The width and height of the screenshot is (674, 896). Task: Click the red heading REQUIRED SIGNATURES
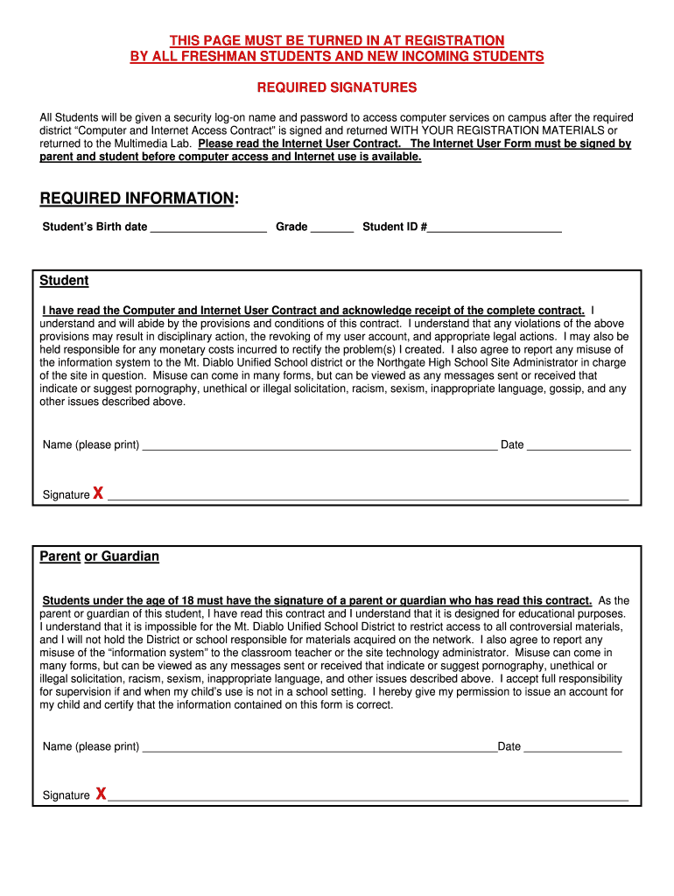pyautogui.click(x=336, y=87)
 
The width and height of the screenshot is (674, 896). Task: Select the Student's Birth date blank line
pyautogui.click(x=208, y=228)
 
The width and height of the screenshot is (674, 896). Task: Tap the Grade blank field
pyautogui.click(x=332, y=228)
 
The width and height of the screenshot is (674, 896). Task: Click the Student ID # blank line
pyautogui.click(x=495, y=228)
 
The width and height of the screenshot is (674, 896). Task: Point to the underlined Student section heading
pyautogui.click(x=64, y=281)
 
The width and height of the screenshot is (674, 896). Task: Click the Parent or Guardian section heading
pyautogui.click(x=99, y=556)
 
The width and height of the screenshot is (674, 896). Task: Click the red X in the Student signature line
pyautogui.click(x=98, y=493)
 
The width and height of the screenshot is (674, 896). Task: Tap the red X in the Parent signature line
pyautogui.click(x=102, y=794)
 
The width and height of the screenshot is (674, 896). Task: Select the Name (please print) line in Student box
pyautogui.click(x=319, y=446)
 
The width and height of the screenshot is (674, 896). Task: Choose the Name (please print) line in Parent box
pyautogui.click(x=319, y=748)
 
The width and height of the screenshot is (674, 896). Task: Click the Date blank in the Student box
pyautogui.click(x=579, y=446)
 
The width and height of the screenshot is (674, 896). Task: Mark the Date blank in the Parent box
pyautogui.click(x=572, y=748)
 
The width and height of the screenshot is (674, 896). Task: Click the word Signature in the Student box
pyautogui.click(x=66, y=495)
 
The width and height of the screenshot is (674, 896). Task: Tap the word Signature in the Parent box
pyautogui.click(x=66, y=795)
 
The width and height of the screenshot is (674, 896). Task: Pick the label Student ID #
pyautogui.click(x=395, y=227)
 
